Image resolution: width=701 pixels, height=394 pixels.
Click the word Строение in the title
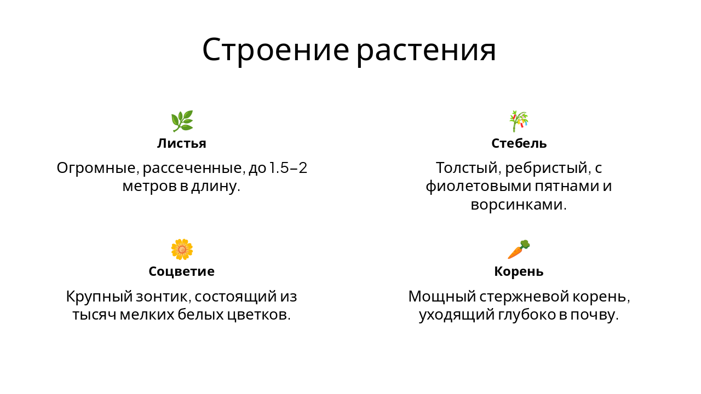pos(275,50)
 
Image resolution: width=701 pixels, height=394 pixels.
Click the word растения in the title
pos(426,50)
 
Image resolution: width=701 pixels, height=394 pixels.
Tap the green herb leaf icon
pos(182,121)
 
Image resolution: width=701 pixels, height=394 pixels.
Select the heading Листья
pos(182,143)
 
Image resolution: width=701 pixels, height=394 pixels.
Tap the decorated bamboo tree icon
pos(519,121)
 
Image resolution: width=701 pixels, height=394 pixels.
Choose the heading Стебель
pos(519,143)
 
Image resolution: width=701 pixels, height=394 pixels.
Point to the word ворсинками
pos(517,205)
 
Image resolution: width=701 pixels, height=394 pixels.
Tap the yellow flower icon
pos(182,250)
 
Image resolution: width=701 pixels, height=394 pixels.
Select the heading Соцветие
pos(182,271)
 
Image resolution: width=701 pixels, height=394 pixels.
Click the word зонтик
pos(163,297)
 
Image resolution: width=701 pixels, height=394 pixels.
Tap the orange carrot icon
pos(519,250)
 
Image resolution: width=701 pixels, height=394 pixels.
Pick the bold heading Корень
pos(519,271)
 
